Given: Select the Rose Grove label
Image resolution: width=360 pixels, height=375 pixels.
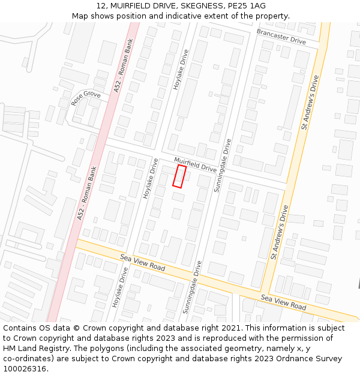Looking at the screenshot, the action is (86, 98).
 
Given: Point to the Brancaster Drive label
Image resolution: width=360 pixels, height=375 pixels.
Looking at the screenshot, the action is (281, 36).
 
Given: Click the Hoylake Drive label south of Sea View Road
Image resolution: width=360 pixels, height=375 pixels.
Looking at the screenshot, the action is (121, 287).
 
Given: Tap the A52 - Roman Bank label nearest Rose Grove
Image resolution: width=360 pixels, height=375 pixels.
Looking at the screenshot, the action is (127, 66).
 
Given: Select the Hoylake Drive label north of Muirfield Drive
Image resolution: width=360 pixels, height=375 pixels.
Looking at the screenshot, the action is (181, 70).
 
